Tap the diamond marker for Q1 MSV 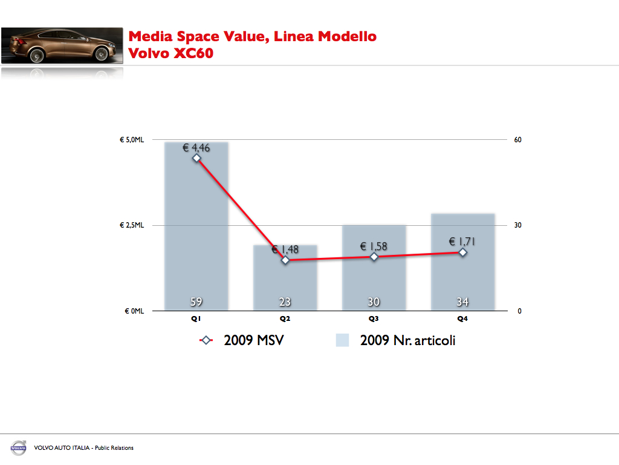[196, 158]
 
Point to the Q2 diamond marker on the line [285, 260]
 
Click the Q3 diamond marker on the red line [374, 257]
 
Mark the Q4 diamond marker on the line [462, 252]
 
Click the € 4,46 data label [196, 147]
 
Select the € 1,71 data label [462, 242]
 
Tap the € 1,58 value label [374, 246]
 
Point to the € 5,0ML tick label [131, 140]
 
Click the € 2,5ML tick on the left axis [131, 225]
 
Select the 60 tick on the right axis [517, 140]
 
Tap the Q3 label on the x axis [374, 318]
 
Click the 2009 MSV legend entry [242, 340]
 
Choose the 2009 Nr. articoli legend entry [396, 340]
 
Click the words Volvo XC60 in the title [171, 53]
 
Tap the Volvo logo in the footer [18, 448]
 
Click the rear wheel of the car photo [36, 56]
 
